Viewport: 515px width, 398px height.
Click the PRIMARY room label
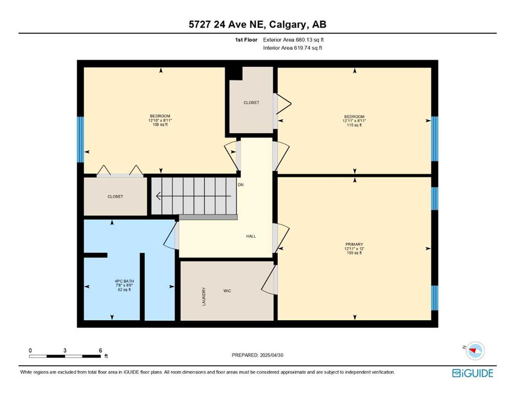[x=354, y=244]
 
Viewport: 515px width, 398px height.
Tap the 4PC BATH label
[x=124, y=281]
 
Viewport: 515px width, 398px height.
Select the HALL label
[x=251, y=236]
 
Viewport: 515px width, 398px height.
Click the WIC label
[x=227, y=291]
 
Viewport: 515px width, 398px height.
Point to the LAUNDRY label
[x=204, y=296]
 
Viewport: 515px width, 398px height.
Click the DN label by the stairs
[x=241, y=184]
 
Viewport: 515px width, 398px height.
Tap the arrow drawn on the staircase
[x=193, y=196]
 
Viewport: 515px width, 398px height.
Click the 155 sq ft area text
[x=354, y=253]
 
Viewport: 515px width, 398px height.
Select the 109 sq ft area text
[x=160, y=125]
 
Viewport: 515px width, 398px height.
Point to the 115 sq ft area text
[x=354, y=125]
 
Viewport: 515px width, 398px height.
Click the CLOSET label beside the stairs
[x=115, y=196]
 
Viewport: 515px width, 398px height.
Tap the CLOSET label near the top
[x=251, y=103]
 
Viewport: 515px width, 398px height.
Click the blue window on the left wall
[x=80, y=139]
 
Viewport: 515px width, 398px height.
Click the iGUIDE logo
[x=472, y=374]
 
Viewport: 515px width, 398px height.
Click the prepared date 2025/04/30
[x=271, y=355]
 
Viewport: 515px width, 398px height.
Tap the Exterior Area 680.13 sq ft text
[x=294, y=40]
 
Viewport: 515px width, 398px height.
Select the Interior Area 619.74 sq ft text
[x=293, y=48]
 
